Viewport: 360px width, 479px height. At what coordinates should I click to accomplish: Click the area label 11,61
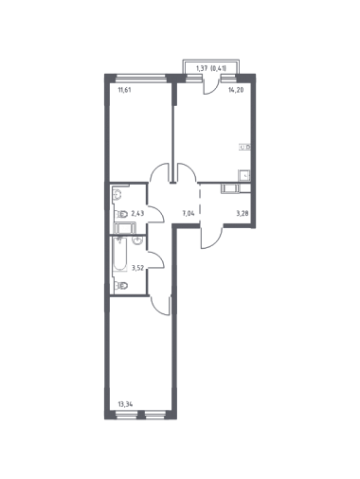coord(124,90)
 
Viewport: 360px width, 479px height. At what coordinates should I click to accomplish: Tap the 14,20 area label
coord(236,90)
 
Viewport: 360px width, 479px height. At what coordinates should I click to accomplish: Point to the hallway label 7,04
coord(188,213)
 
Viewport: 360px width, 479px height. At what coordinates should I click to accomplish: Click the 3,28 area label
coord(243,213)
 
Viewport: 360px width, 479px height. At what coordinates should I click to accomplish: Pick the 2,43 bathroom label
coord(137,214)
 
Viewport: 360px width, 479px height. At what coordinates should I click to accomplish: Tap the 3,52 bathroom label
coord(137,269)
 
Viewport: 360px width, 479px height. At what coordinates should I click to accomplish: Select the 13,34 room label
coord(125,403)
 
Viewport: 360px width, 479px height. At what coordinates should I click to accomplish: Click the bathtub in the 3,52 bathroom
coord(120,254)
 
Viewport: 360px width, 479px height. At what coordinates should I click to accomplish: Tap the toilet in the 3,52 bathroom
coord(121,286)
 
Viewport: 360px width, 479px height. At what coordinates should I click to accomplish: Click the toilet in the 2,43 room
coord(121,214)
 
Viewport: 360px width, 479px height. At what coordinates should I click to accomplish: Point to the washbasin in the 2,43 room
coord(117,195)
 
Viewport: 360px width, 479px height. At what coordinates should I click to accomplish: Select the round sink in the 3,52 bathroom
coord(137,241)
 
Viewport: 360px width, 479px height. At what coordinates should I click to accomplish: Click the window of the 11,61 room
coord(141,78)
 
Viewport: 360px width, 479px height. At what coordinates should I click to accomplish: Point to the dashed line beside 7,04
coord(200,204)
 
